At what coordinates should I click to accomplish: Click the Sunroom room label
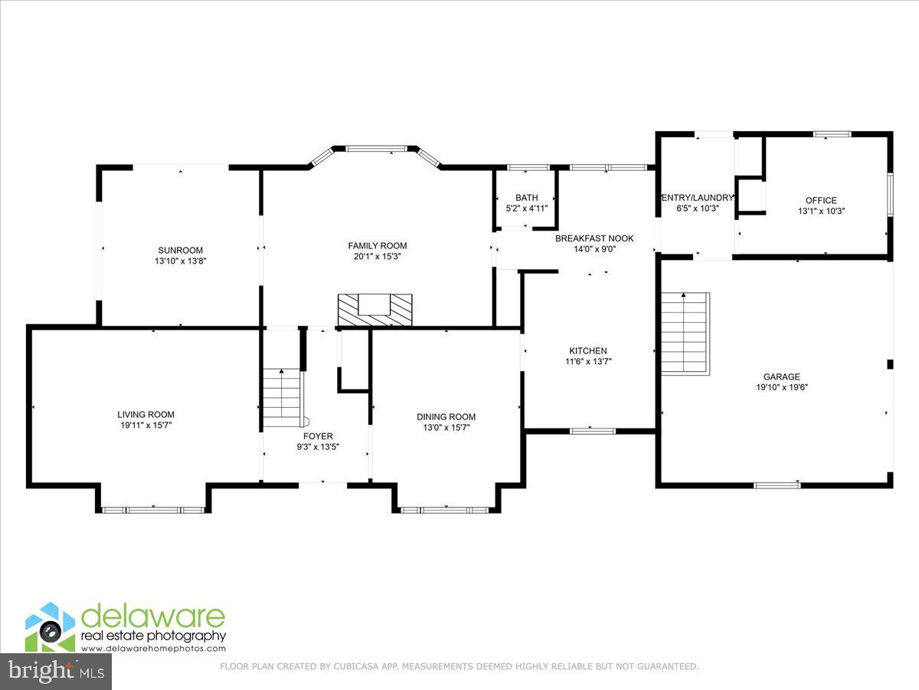pos(180,250)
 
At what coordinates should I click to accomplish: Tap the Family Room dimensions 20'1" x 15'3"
pos(375,256)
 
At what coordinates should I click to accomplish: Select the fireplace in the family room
pos(375,309)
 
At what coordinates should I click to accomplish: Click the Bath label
pos(526,198)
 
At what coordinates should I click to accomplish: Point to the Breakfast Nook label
pos(594,238)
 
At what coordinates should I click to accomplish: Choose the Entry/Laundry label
pos(697,198)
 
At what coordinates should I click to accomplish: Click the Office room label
pos(820,201)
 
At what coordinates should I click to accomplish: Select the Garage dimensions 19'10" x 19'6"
pos(781,387)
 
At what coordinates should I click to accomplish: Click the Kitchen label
pos(588,351)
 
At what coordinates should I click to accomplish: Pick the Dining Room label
pos(446,417)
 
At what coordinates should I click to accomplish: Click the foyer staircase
pos(282,397)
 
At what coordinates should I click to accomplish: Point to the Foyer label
pos(318,436)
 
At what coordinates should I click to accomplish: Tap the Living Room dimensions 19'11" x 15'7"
pos(146,425)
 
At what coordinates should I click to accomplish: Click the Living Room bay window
pos(153,509)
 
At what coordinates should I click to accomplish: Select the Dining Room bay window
pos(446,509)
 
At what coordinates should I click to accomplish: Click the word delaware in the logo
pos(153,616)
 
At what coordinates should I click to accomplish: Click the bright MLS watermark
pos(55,672)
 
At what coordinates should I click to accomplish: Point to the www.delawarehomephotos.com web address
pos(153,649)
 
